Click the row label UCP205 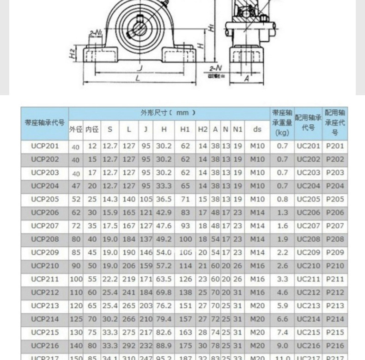(45, 199)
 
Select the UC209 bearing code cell (308, 252)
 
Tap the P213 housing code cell (335, 305)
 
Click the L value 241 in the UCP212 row (129, 292)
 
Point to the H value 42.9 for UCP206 (164, 213)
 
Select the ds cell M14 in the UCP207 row (257, 226)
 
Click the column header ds (257, 130)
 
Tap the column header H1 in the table (185, 130)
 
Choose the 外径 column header (75, 130)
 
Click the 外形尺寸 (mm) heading (168, 113)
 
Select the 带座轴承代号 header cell (45, 123)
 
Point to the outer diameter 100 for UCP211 (75, 279)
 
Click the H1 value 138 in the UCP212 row (185, 292)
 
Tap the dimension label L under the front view (138, 79)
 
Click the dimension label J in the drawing (140, 68)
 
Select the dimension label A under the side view (247, 79)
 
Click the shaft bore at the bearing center (140, 24)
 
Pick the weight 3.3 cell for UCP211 (282, 279)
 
